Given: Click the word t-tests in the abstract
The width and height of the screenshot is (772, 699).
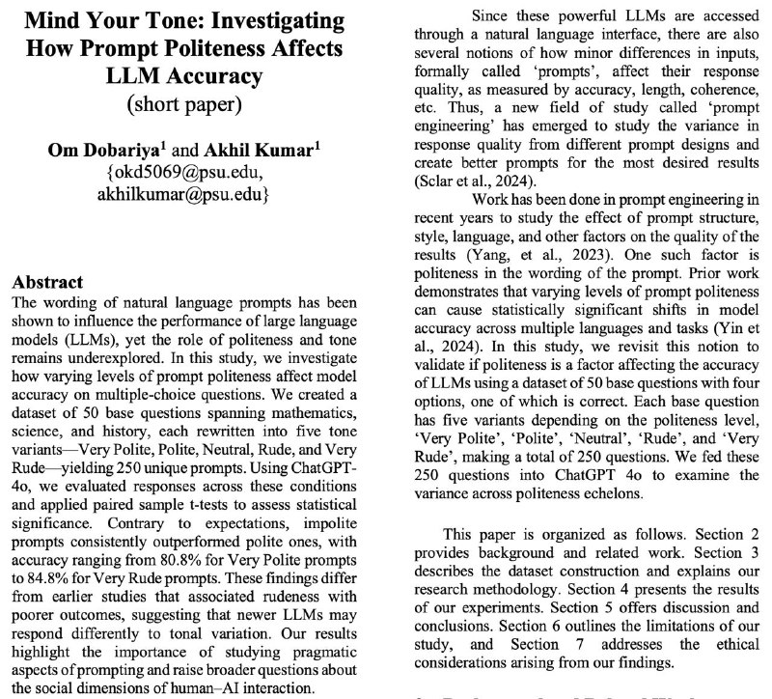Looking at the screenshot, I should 218,509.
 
